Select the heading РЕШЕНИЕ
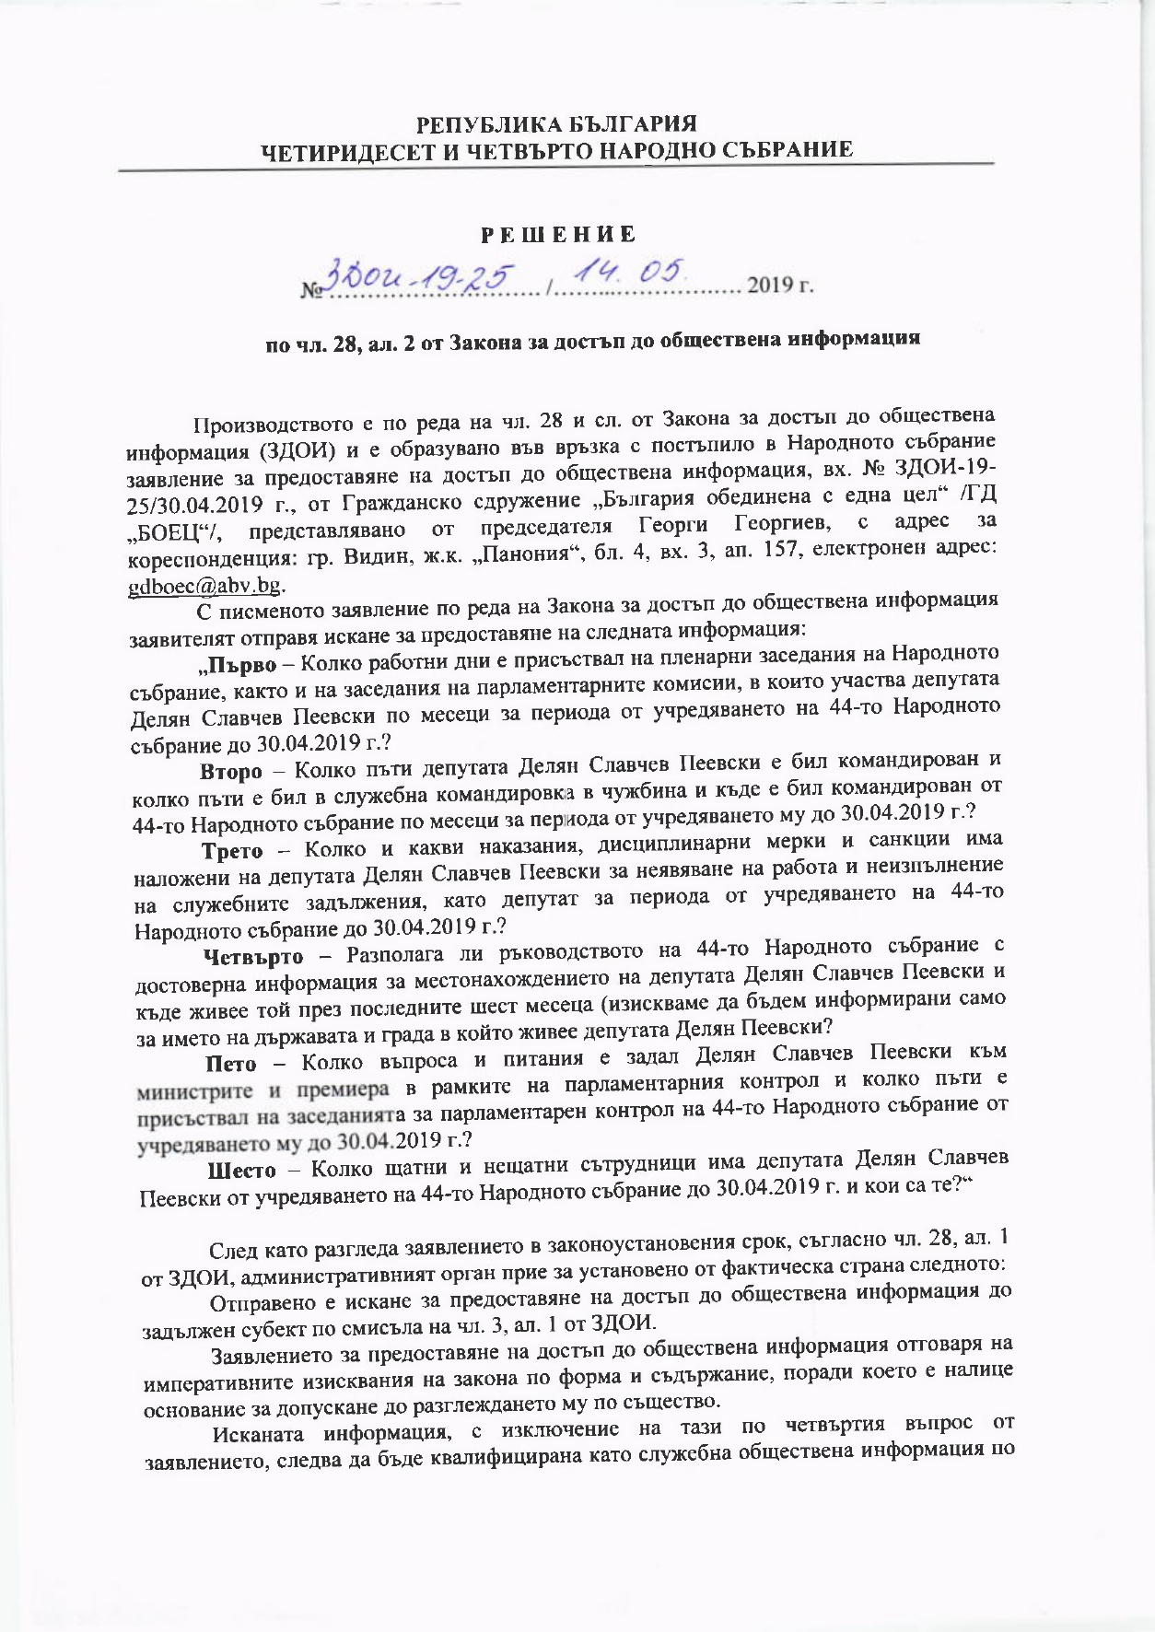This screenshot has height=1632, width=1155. (560, 235)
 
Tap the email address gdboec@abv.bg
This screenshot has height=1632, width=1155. (204, 587)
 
